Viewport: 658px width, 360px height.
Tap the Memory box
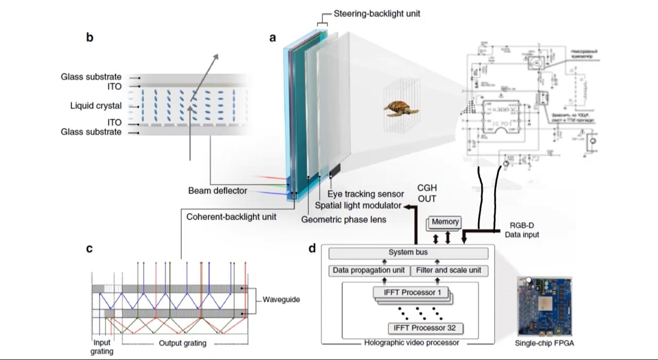(445, 222)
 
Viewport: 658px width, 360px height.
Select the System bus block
(408, 253)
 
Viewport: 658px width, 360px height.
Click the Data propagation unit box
(369, 271)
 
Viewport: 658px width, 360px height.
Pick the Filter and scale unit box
(449, 271)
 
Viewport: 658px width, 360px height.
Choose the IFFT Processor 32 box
(425, 328)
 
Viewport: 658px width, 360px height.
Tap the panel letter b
(90, 37)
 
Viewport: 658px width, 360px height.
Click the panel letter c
(89, 248)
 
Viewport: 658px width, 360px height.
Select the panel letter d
(312, 248)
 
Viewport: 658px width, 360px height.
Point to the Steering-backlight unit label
(377, 14)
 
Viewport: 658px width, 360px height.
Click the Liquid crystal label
(96, 106)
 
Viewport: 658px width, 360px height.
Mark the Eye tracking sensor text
(365, 194)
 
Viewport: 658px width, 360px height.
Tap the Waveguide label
(281, 299)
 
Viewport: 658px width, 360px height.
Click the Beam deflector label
(218, 191)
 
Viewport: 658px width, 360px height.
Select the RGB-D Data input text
(522, 230)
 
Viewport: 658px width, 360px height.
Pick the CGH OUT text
(427, 193)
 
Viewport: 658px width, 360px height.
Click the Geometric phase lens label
(344, 220)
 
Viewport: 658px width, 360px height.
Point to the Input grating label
(102, 347)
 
